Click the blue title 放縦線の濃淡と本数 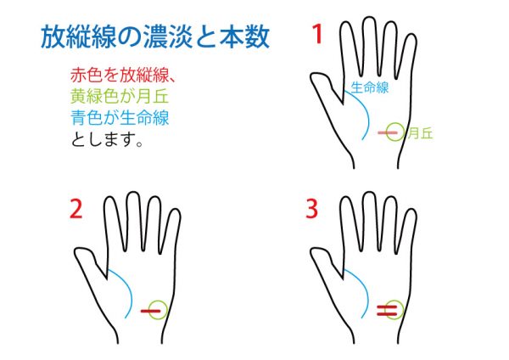point(155,37)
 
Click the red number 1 point(317,34)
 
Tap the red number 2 point(76,209)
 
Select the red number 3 point(311,209)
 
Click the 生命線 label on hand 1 point(370,87)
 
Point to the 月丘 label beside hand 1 point(421,133)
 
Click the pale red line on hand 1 point(388,132)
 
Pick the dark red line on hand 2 point(151,311)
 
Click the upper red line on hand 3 point(387,307)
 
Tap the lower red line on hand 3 point(387,314)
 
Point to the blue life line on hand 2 point(130,290)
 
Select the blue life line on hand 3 point(366,290)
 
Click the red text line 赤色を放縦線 point(123,76)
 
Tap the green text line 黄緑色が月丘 point(120,96)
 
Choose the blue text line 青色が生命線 point(120,117)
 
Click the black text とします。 point(107,139)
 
